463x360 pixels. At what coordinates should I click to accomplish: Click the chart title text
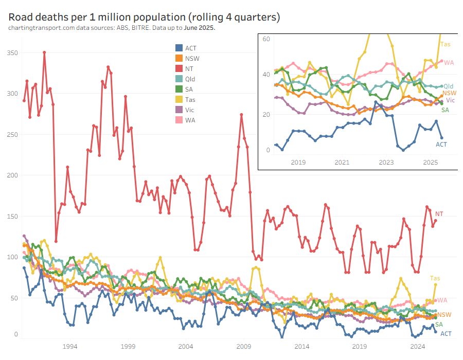click(x=144, y=17)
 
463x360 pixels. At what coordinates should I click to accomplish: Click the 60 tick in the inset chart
click(x=266, y=39)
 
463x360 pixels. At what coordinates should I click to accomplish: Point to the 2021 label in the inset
click(x=342, y=163)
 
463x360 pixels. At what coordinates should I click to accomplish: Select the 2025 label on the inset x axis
click(x=430, y=163)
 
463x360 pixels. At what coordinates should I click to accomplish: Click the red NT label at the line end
click(x=439, y=214)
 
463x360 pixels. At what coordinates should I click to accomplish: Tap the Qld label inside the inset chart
click(x=449, y=86)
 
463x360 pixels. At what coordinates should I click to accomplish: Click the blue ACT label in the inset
click(x=441, y=145)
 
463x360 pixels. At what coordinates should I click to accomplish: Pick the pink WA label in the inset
click(x=449, y=62)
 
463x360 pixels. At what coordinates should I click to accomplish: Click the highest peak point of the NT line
click(x=44, y=52)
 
